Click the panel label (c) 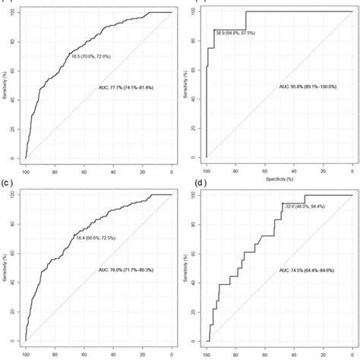click(8, 184)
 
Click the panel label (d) click(188, 184)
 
